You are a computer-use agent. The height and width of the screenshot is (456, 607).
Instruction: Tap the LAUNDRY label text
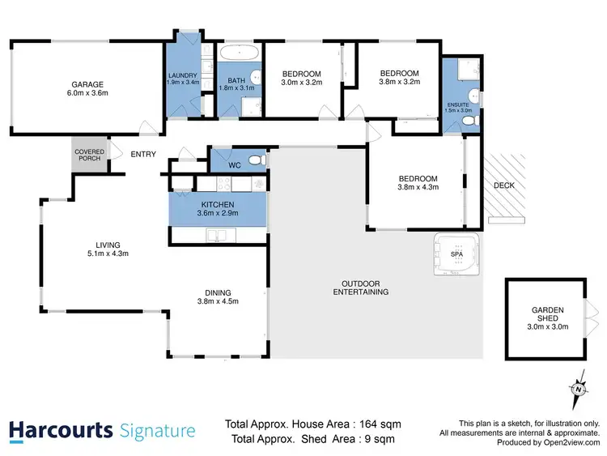click(183, 75)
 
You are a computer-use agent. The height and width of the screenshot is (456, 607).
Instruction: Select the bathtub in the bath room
click(239, 54)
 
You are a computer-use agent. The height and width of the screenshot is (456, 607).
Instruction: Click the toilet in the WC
click(256, 160)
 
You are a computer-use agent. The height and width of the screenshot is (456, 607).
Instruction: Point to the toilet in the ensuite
click(468, 121)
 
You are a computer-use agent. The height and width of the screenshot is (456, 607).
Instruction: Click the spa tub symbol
click(456, 254)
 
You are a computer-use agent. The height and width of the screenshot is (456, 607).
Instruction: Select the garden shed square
click(546, 315)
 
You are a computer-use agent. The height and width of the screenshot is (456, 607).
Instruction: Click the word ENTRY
click(143, 156)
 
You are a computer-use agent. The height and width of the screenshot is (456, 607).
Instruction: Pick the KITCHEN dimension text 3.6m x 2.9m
click(218, 214)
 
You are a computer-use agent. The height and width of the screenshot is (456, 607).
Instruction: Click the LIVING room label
click(108, 245)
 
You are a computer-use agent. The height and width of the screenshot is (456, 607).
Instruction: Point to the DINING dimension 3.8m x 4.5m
click(219, 300)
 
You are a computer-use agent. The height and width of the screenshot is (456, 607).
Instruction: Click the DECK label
click(504, 185)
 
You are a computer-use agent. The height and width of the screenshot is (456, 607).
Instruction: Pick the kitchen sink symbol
click(217, 235)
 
